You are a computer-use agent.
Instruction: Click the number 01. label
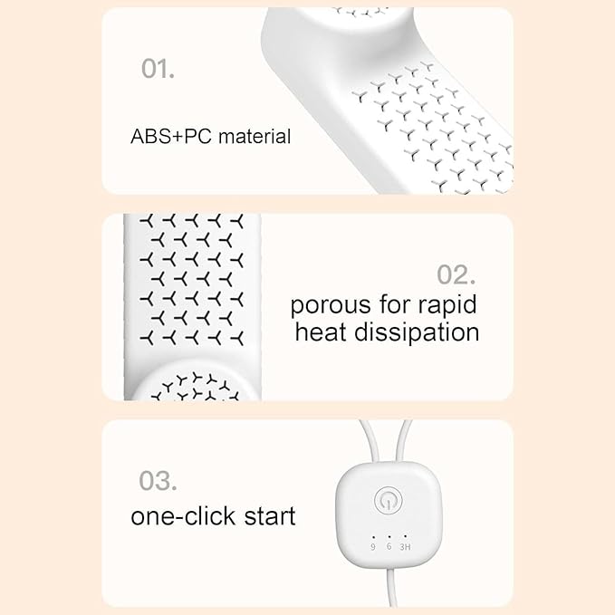158,69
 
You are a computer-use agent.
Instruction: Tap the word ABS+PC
171,137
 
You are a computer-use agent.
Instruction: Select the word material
255,137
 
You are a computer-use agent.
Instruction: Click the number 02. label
456,274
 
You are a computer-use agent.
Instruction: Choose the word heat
322,332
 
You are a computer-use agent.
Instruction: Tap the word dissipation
417,333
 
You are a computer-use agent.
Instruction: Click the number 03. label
158,480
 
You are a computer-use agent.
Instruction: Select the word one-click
183,515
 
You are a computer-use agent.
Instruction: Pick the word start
269,516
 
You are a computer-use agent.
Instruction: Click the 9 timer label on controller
373,547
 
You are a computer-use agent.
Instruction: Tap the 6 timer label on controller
389,546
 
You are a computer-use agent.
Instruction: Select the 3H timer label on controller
405,547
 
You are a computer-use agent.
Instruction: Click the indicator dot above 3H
405,536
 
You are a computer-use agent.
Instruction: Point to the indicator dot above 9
373,536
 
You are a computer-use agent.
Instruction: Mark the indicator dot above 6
389,536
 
